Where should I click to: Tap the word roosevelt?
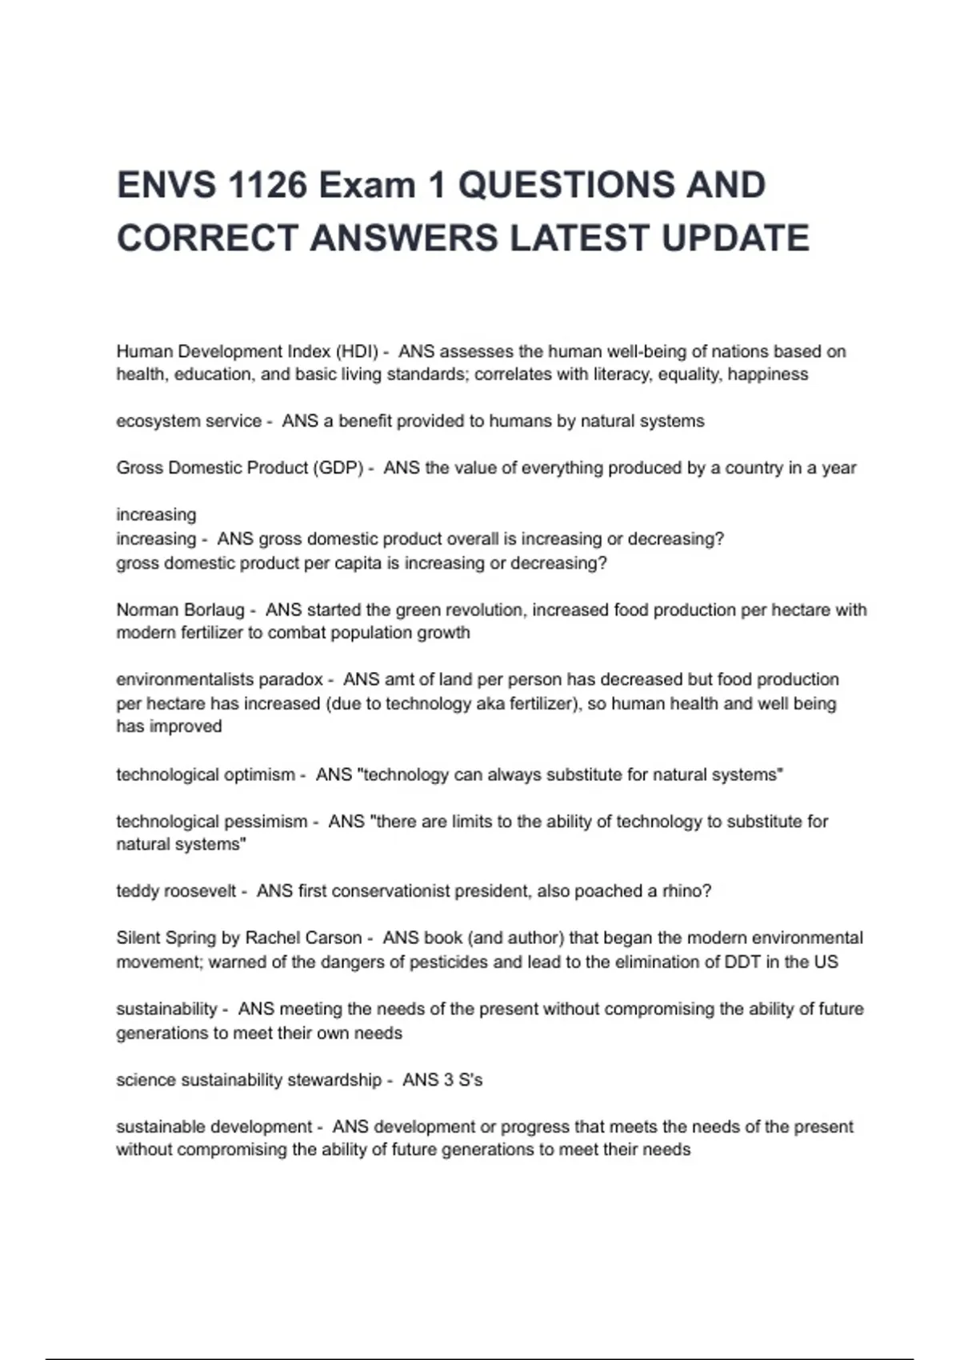coord(200,891)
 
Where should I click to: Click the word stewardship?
coord(334,1080)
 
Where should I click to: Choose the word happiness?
coord(768,374)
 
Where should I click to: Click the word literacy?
coord(623,374)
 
